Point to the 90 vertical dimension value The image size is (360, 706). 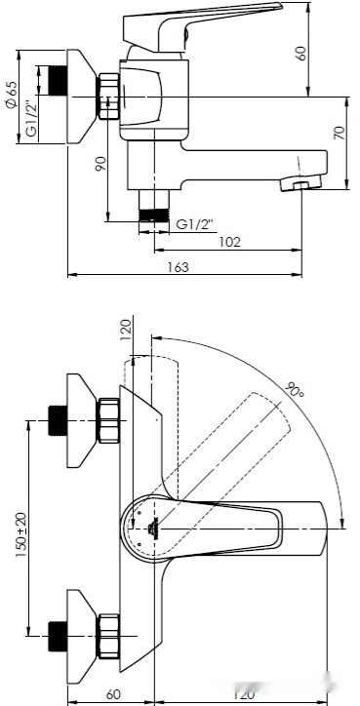100,164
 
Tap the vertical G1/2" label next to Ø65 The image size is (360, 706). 31,119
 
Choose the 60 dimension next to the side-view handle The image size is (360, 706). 301,52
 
